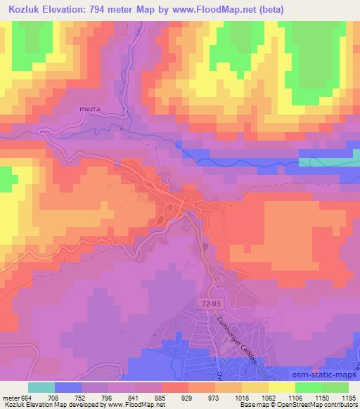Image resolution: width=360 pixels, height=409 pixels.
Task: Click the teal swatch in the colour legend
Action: pyautogui.click(x=41, y=387)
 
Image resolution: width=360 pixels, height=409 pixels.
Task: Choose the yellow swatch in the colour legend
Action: pyautogui.click(x=282, y=387)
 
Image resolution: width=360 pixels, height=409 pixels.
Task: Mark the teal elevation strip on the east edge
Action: pyautogui.click(x=328, y=162)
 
